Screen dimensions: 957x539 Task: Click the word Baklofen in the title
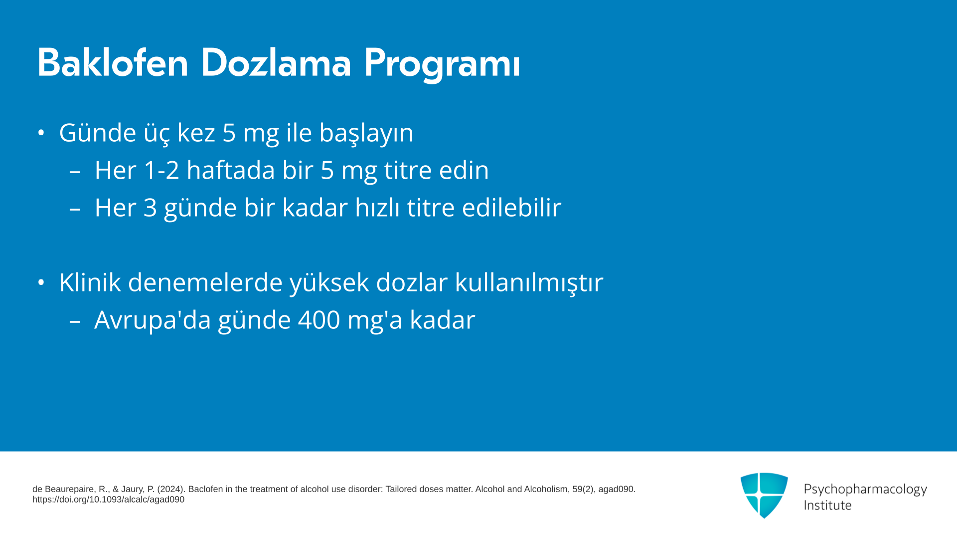pyautogui.click(x=113, y=63)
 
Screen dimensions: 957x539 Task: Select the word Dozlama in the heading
pyautogui.click(x=276, y=63)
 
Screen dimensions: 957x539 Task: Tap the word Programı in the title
pyautogui.click(x=442, y=65)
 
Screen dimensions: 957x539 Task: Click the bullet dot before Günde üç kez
pyautogui.click(x=41, y=133)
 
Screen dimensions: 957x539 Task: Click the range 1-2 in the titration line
pyautogui.click(x=161, y=170)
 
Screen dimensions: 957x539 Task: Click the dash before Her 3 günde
pyautogui.click(x=75, y=209)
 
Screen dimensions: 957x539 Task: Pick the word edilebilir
pyautogui.click(x=511, y=207)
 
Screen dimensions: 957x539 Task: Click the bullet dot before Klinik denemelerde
pyautogui.click(x=41, y=282)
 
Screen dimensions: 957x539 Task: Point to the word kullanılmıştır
pyautogui.click(x=529, y=283)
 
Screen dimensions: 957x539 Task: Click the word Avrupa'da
pyautogui.click(x=153, y=320)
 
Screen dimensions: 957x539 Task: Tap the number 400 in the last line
pyautogui.click(x=319, y=320)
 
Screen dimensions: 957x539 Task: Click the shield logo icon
pyautogui.click(x=764, y=495)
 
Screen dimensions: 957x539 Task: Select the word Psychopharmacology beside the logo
pyautogui.click(x=865, y=490)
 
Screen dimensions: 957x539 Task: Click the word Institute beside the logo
pyautogui.click(x=827, y=505)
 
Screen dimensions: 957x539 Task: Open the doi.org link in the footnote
pyautogui.click(x=108, y=500)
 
